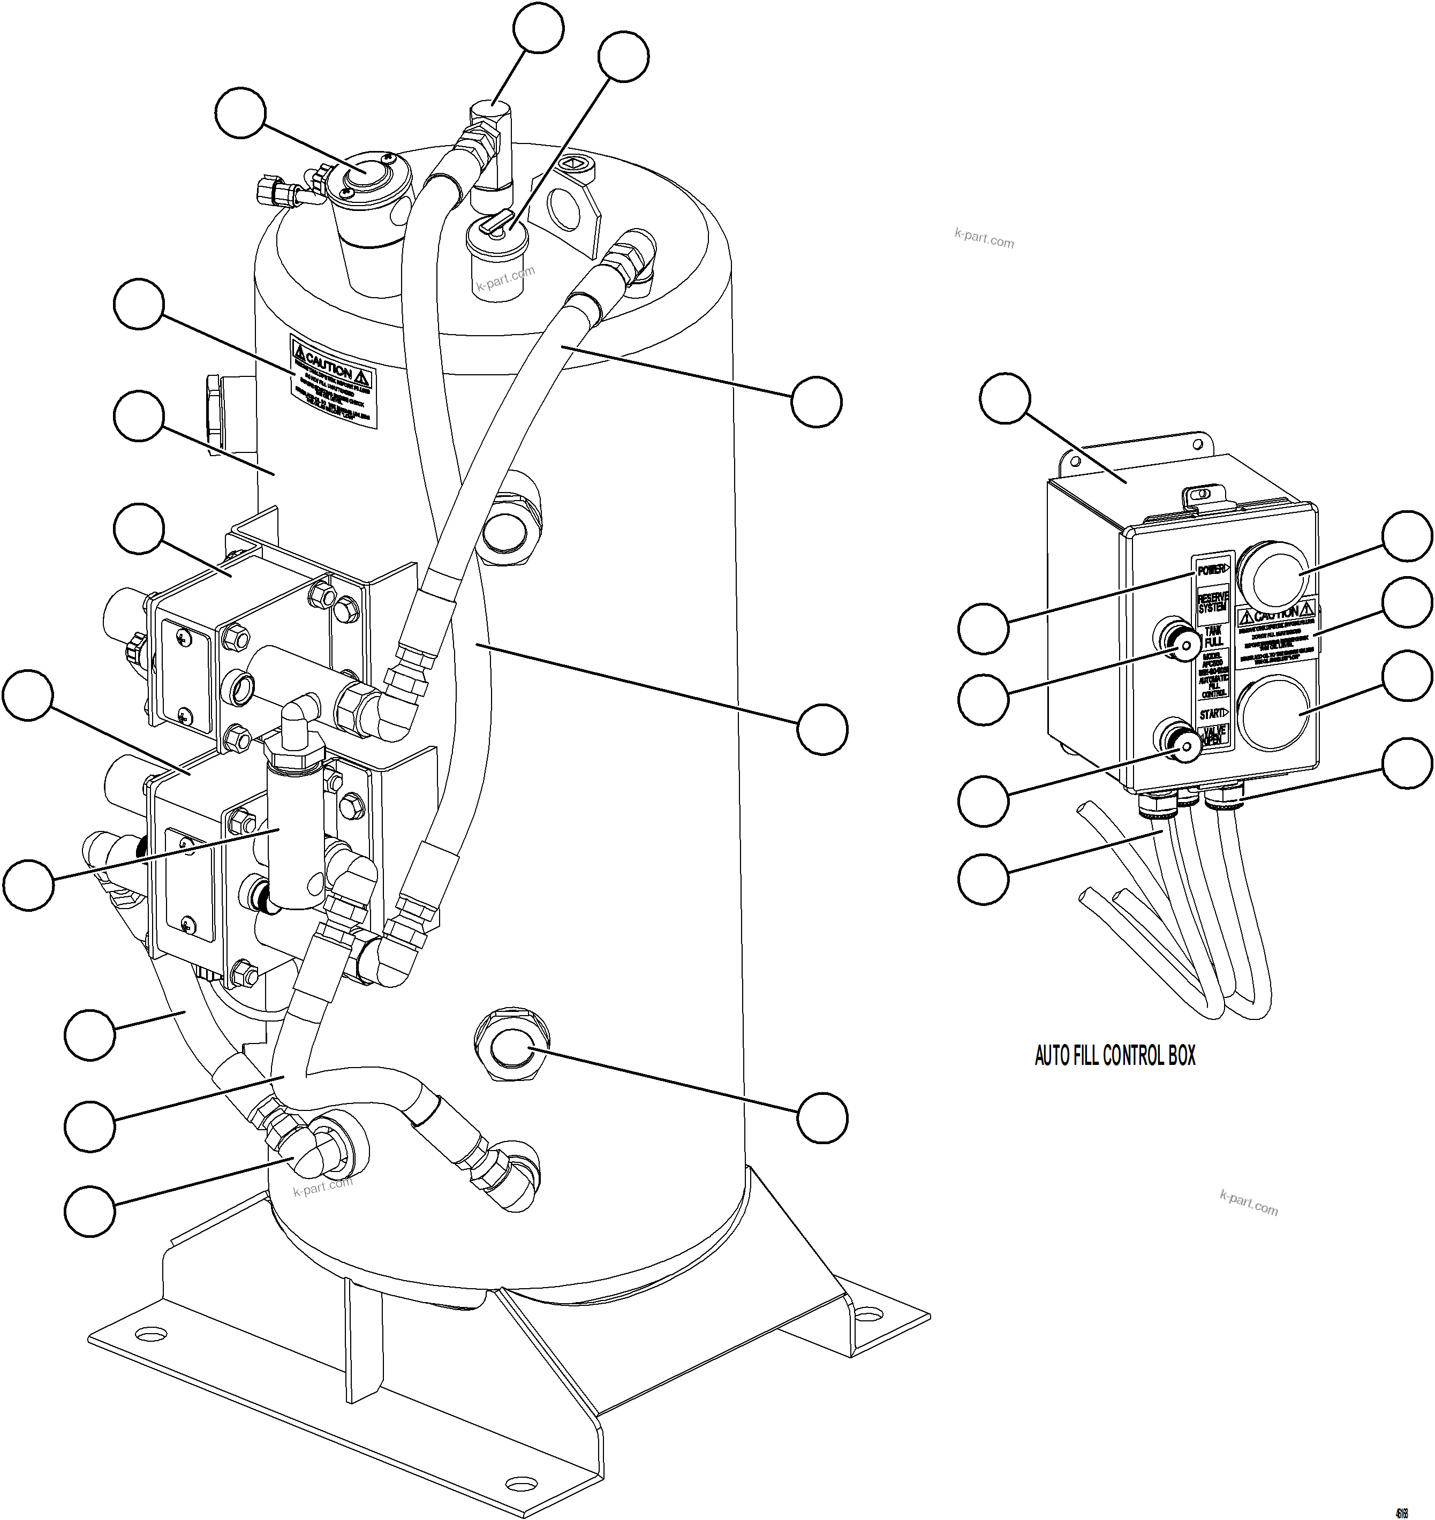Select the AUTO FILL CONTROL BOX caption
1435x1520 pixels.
pyautogui.click(x=1114, y=1056)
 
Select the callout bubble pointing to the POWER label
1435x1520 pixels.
pyautogui.click(x=983, y=627)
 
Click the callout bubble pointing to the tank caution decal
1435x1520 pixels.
pyautogui.click(x=139, y=305)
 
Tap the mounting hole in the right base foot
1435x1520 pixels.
pyautogui.click(x=867, y=1314)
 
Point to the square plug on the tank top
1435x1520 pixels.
pyautogui.click(x=575, y=164)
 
